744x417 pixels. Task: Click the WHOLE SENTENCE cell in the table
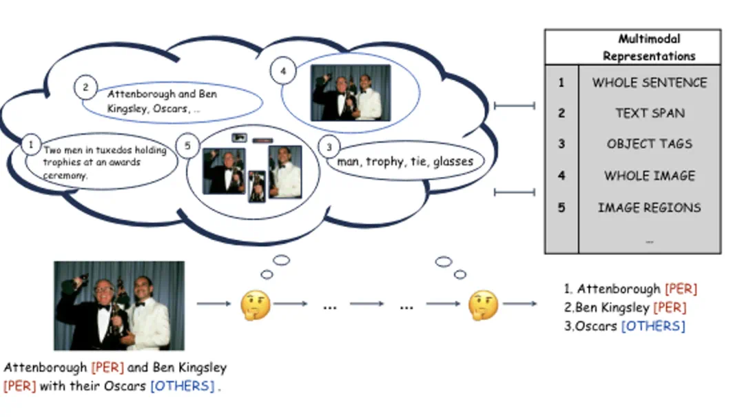pyautogui.click(x=650, y=83)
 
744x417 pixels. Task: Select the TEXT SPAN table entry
pyautogui.click(x=650, y=114)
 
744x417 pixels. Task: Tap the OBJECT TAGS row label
pyautogui.click(x=650, y=144)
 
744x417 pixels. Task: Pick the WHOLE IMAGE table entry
pyautogui.click(x=650, y=176)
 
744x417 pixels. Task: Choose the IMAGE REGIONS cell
pyautogui.click(x=650, y=207)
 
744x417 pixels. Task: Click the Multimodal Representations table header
pyautogui.click(x=649, y=48)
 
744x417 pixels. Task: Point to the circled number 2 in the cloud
pyautogui.click(x=85, y=88)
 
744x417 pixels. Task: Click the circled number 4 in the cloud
pyautogui.click(x=282, y=70)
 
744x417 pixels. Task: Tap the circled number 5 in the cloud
pyautogui.click(x=186, y=145)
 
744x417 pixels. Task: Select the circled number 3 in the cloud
pyautogui.click(x=329, y=146)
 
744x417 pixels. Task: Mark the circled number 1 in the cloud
pyautogui.click(x=31, y=144)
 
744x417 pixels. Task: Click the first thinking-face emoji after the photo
pyautogui.click(x=255, y=305)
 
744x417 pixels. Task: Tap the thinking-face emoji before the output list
pyautogui.click(x=483, y=305)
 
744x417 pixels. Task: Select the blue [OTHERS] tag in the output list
pyautogui.click(x=653, y=326)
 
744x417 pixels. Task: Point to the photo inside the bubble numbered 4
pyautogui.click(x=350, y=92)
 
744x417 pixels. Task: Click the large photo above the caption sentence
pyautogui.click(x=119, y=305)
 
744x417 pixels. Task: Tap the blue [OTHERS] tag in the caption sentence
pyautogui.click(x=183, y=386)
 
